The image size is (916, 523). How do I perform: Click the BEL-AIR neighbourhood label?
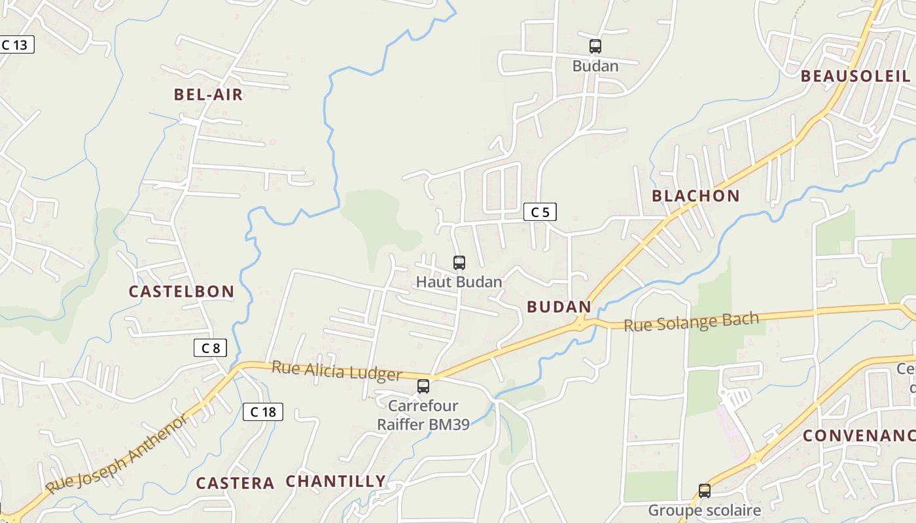[208, 95]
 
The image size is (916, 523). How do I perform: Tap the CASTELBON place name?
[181, 292]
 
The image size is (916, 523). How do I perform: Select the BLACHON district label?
[696, 196]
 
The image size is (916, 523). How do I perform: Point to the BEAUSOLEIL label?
[855, 76]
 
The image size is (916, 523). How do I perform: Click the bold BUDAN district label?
[559, 307]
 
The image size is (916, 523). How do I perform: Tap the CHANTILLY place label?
[336, 482]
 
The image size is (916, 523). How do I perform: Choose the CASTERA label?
[235, 484]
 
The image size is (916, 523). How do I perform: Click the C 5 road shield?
[540, 212]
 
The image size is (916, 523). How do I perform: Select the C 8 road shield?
[210, 348]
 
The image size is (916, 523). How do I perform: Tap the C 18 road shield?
[263, 412]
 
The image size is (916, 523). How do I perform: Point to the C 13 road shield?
[15, 45]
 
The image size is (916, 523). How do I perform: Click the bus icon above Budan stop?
[595, 46]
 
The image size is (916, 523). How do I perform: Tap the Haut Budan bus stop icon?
[459, 263]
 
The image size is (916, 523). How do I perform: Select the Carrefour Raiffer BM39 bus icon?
[423, 386]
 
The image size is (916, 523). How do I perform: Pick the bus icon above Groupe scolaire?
[704, 490]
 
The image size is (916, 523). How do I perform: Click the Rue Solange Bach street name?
[691, 322]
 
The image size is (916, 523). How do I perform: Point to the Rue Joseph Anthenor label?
[116, 454]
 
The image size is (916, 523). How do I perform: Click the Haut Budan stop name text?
[459, 282]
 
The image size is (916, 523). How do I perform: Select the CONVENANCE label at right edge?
[858, 436]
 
